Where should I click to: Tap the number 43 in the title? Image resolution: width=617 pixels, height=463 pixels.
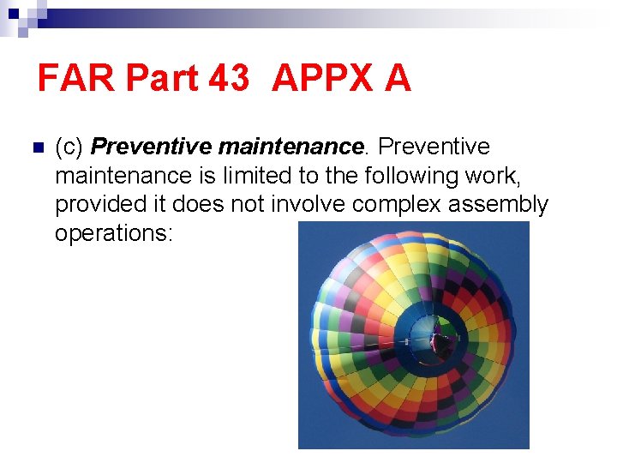click(x=228, y=79)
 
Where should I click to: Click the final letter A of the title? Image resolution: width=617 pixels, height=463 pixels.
click(x=398, y=79)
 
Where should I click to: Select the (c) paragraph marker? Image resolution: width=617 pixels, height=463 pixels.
click(x=69, y=147)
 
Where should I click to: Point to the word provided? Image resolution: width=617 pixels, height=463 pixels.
click(x=95, y=205)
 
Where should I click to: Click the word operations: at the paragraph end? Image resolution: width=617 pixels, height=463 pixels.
click(x=114, y=234)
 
